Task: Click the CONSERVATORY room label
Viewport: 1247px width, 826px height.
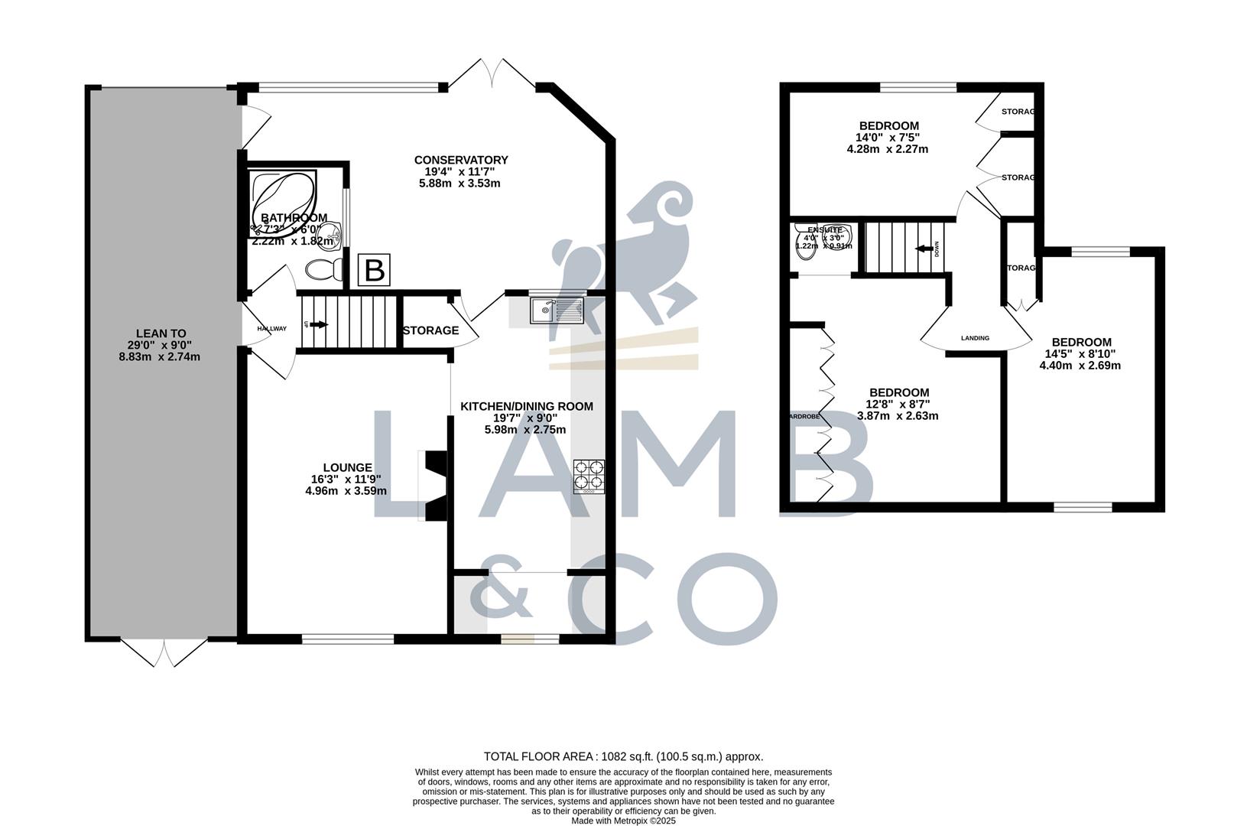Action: click(461, 160)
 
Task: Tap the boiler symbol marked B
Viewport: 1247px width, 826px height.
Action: click(375, 270)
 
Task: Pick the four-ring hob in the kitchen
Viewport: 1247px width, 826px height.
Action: click(589, 475)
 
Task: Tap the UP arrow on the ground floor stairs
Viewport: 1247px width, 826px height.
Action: click(317, 324)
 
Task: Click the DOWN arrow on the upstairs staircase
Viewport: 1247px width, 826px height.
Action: click(927, 249)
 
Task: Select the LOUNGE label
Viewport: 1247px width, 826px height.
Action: click(347, 467)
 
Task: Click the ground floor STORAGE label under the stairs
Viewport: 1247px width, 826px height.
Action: click(430, 330)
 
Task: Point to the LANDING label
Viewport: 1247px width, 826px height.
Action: click(975, 338)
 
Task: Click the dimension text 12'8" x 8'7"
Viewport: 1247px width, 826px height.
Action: click(898, 405)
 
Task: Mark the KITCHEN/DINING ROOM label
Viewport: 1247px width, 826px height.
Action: click(526, 406)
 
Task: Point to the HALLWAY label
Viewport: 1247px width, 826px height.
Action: click(271, 329)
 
